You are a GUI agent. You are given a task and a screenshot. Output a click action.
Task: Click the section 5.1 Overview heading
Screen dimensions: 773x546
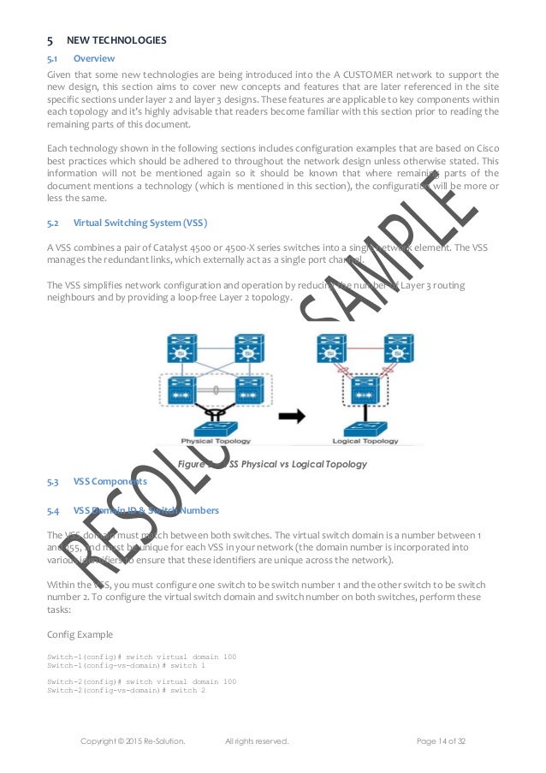click(x=93, y=58)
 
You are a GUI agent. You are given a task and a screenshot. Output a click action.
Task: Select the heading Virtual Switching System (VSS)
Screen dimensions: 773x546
click(x=139, y=223)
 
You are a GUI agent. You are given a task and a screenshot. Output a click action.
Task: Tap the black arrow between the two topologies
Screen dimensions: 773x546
click(x=290, y=416)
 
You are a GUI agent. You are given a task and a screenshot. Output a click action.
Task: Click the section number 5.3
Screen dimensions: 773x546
click(x=53, y=481)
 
